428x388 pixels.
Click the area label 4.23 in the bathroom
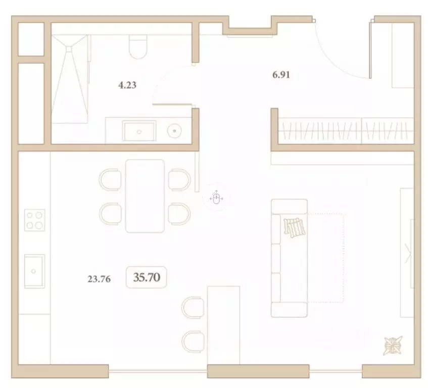(x=127, y=86)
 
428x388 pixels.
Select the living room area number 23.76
(x=99, y=278)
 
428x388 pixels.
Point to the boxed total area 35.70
(x=146, y=277)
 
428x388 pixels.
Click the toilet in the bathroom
(x=137, y=46)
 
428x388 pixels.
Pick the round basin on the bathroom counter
(x=174, y=130)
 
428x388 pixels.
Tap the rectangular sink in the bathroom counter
(x=139, y=131)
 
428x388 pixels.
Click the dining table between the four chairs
(x=145, y=196)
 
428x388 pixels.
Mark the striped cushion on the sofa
(x=295, y=227)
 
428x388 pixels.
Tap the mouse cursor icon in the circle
(x=216, y=198)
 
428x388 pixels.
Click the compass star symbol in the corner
(x=393, y=345)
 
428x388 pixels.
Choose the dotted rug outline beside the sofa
(x=326, y=258)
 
